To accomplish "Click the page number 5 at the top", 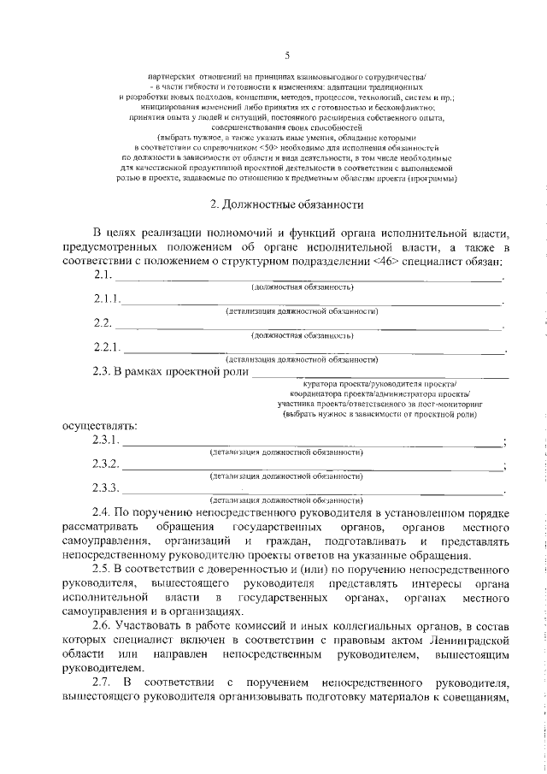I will (286, 56).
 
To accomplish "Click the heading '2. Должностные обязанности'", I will (287, 204).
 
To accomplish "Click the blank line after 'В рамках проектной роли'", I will (380, 372).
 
